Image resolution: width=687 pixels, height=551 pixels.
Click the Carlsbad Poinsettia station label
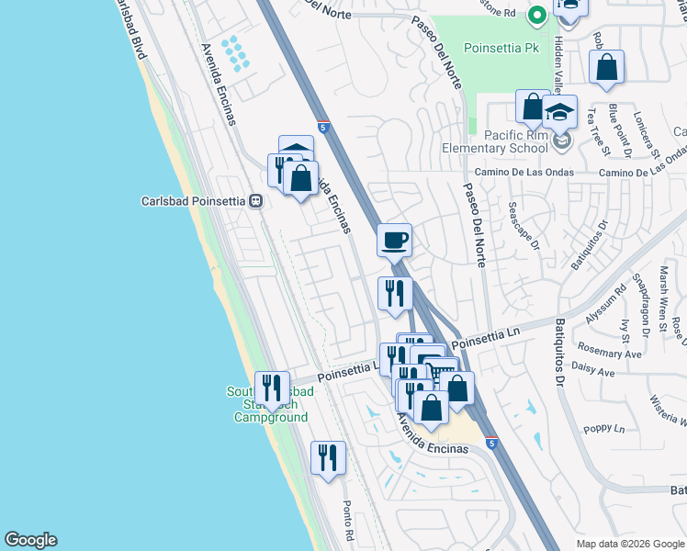[x=196, y=201]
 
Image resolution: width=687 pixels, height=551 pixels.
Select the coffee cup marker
[x=394, y=241]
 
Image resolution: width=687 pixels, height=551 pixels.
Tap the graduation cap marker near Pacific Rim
[x=559, y=112]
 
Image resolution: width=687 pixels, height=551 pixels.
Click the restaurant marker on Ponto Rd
[x=328, y=457]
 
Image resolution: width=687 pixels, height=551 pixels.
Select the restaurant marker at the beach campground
[x=270, y=388]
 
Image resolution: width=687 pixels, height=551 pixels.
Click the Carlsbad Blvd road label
[x=131, y=32]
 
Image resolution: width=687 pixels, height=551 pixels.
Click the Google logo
[x=30, y=540]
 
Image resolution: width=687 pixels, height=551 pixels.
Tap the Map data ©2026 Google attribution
[x=629, y=544]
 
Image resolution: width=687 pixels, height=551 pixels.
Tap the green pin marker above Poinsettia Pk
[x=538, y=15]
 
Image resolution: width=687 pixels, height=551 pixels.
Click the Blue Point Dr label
[x=614, y=129]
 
